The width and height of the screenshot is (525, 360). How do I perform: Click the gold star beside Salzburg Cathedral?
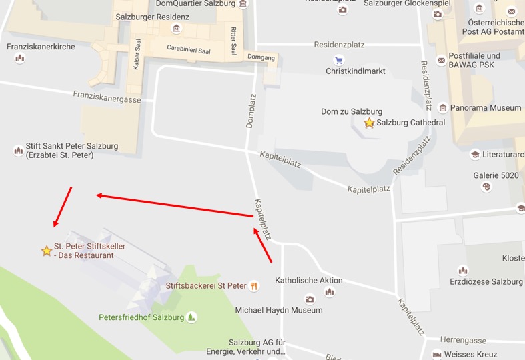[x=369, y=123]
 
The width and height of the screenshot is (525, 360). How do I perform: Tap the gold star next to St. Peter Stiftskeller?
[x=47, y=251]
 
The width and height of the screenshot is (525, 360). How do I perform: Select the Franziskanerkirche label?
[x=41, y=47]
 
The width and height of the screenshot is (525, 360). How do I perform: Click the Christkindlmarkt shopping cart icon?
[x=339, y=60]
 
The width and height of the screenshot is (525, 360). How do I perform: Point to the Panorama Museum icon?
[x=443, y=108]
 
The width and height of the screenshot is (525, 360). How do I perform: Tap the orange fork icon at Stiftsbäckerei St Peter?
[x=254, y=286]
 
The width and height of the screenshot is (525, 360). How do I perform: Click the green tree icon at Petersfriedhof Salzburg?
[x=192, y=317]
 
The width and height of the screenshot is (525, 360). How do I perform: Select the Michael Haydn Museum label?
[x=278, y=310]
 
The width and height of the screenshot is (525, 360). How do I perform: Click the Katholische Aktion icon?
[x=329, y=292]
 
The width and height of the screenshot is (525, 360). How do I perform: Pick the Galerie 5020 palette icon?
[x=486, y=187]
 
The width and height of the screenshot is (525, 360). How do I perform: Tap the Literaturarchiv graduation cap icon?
[x=474, y=155]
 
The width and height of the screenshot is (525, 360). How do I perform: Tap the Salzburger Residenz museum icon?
[x=176, y=29]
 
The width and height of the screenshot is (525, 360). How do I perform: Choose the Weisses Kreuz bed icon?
[x=437, y=355]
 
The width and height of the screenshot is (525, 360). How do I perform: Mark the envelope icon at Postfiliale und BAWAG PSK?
[x=441, y=60]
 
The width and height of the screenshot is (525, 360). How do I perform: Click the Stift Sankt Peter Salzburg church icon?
[x=18, y=151]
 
